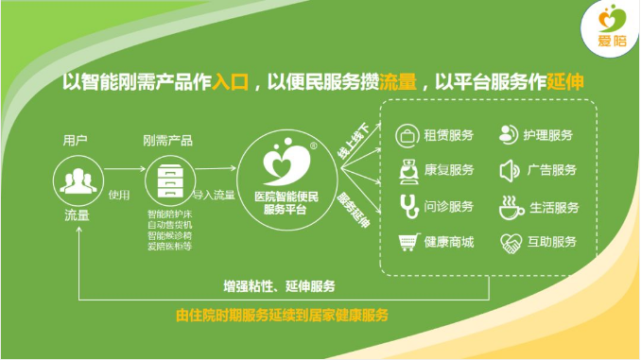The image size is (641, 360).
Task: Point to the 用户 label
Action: point(76,141)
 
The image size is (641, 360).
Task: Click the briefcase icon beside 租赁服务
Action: point(407,135)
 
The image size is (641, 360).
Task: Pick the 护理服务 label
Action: point(548,135)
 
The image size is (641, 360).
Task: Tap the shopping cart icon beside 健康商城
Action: point(407,242)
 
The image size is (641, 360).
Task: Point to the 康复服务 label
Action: point(448,171)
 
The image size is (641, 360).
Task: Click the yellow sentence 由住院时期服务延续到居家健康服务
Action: point(281,315)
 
